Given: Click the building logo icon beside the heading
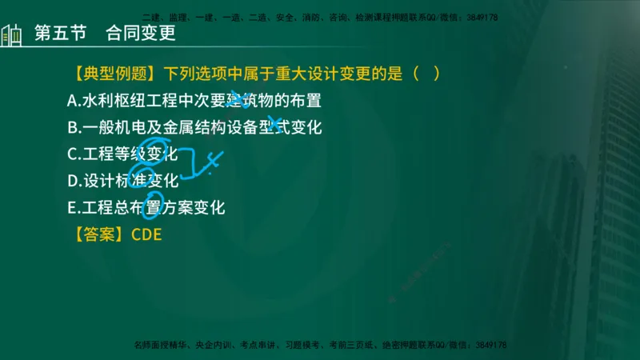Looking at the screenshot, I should click(12, 35).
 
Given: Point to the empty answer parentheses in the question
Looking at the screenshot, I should click(426, 74).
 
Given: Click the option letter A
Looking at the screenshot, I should click(73, 101).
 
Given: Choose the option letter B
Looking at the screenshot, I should click(73, 127).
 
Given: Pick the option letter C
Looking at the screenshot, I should click(73, 154).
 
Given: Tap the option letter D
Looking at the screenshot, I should click(73, 181).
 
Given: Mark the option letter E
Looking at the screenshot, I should click(73, 207).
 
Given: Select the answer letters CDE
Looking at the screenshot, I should click(146, 234).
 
